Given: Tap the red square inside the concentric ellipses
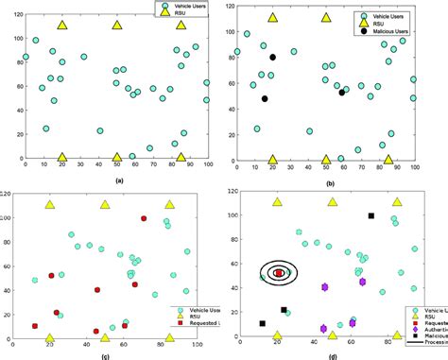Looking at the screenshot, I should coord(279,273).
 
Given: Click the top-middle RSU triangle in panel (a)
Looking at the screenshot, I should coord(117,24).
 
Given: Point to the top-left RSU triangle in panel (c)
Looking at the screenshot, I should coord(49,203).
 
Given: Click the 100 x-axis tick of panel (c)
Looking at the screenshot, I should coord(197,346).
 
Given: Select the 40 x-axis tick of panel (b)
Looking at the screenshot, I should coord(307,168).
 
